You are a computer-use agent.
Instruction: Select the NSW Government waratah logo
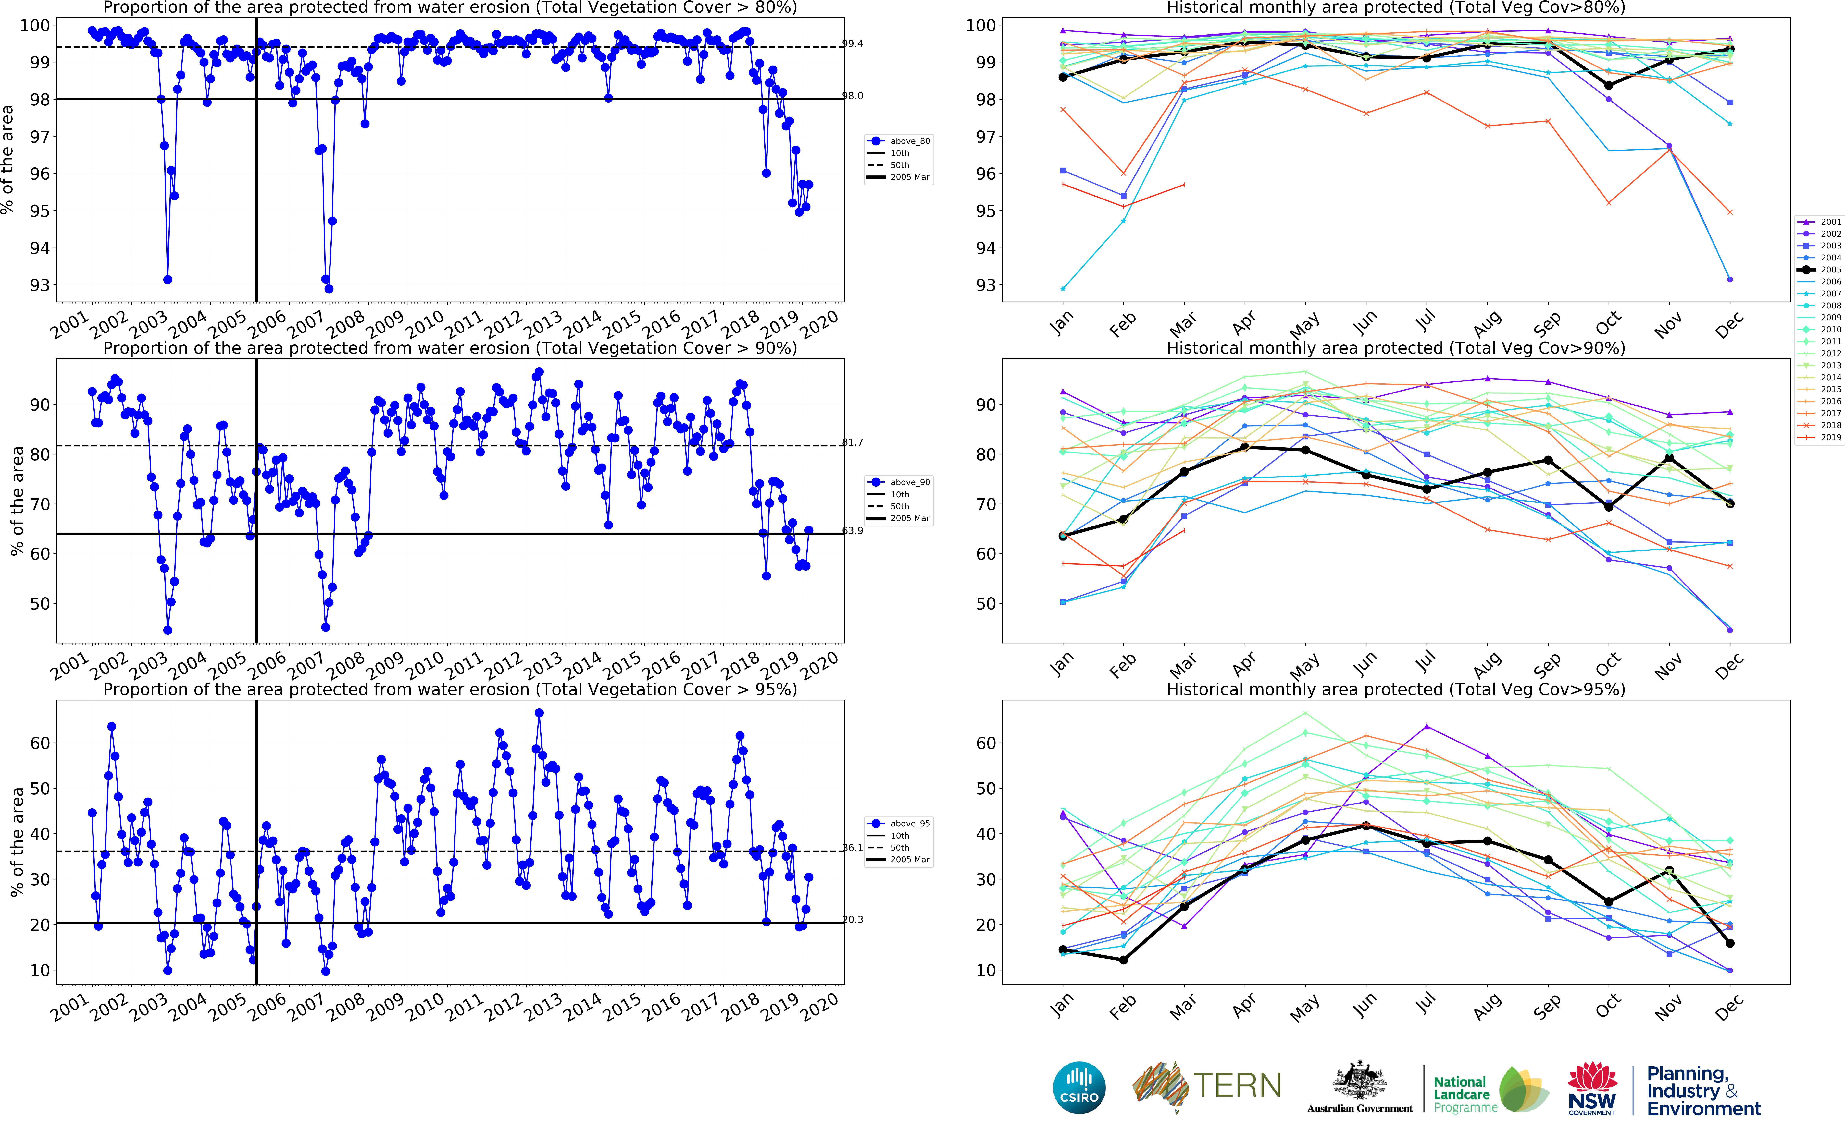point(1592,1087)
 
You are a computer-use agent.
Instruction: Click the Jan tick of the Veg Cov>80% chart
point(1061,323)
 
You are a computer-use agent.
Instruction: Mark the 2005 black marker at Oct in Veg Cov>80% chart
point(1608,86)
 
